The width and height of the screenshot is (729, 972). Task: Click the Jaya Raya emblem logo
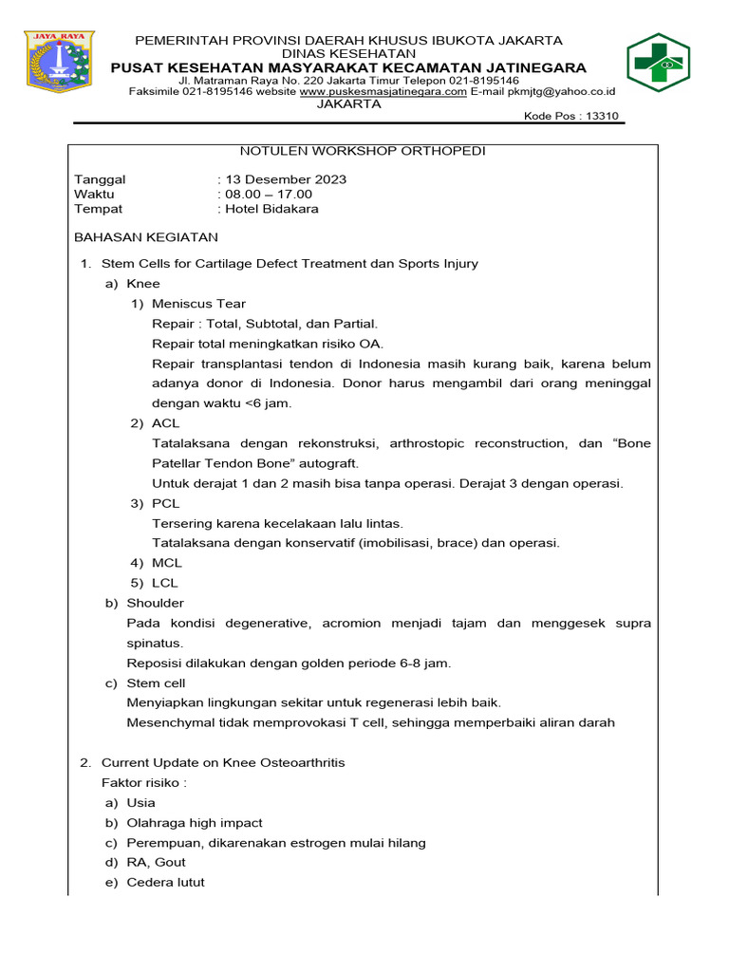[x=61, y=63]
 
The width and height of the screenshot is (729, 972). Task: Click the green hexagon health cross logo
[x=664, y=63]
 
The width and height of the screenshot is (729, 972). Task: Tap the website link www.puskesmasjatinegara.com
[x=383, y=92]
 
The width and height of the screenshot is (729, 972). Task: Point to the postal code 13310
[x=604, y=117]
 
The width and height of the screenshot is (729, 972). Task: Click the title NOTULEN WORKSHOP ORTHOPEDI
[x=363, y=151]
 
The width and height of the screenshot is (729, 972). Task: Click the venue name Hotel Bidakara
[x=271, y=209]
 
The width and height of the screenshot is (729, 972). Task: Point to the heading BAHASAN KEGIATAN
[x=146, y=237]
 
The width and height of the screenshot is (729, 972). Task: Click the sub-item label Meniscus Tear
[x=198, y=304]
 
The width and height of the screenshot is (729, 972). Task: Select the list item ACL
[x=165, y=423]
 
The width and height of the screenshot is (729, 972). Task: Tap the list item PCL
[x=165, y=503]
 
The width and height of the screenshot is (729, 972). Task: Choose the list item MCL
[x=166, y=563]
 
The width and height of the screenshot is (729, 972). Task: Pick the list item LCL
[x=165, y=583]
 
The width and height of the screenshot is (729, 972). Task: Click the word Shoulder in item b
[x=156, y=603]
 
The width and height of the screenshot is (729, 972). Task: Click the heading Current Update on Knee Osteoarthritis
[x=223, y=762]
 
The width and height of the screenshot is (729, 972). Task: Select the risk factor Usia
[x=140, y=802]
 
